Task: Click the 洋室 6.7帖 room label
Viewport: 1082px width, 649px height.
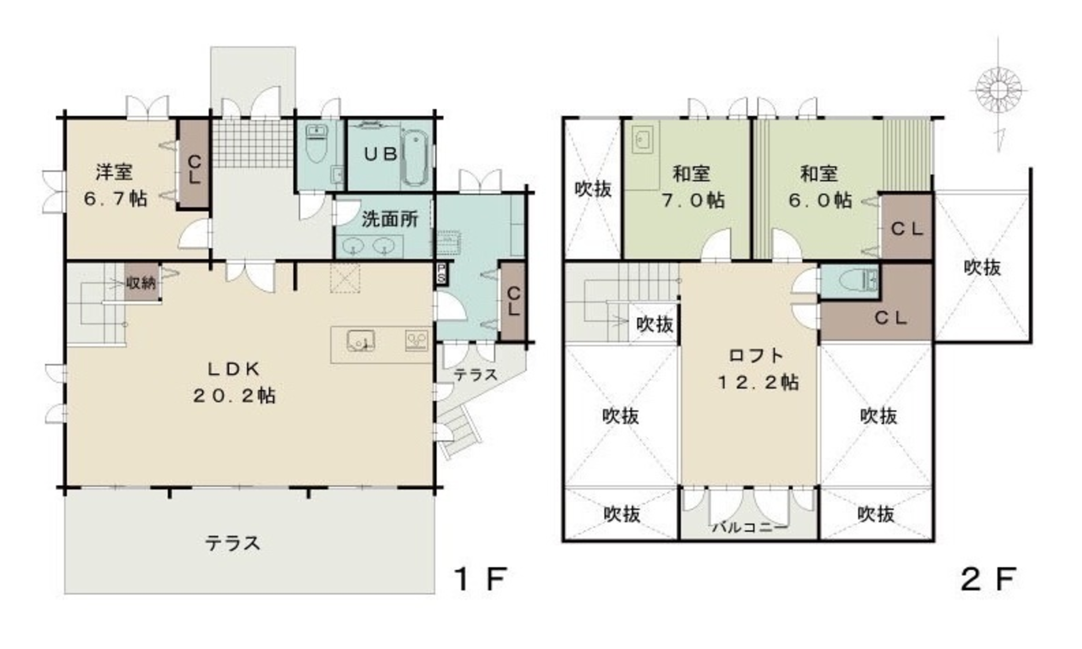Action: (x=116, y=185)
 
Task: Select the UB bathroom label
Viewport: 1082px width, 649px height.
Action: (x=381, y=154)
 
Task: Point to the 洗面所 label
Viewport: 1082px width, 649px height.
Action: (x=390, y=219)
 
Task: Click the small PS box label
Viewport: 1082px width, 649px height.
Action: (x=440, y=273)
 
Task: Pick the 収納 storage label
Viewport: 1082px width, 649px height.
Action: (x=141, y=283)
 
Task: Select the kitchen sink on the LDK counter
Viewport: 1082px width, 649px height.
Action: (x=361, y=341)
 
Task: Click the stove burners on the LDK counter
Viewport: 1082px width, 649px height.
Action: (x=417, y=341)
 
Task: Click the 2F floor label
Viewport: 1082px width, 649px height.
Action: (x=987, y=579)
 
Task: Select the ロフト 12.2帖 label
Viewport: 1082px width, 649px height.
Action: (x=758, y=368)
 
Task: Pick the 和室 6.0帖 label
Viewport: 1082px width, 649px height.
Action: (x=820, y=186)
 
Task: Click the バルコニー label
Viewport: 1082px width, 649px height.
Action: (x=750, y=526)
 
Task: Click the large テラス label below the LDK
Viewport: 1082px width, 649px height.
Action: (x=232, y=543)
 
